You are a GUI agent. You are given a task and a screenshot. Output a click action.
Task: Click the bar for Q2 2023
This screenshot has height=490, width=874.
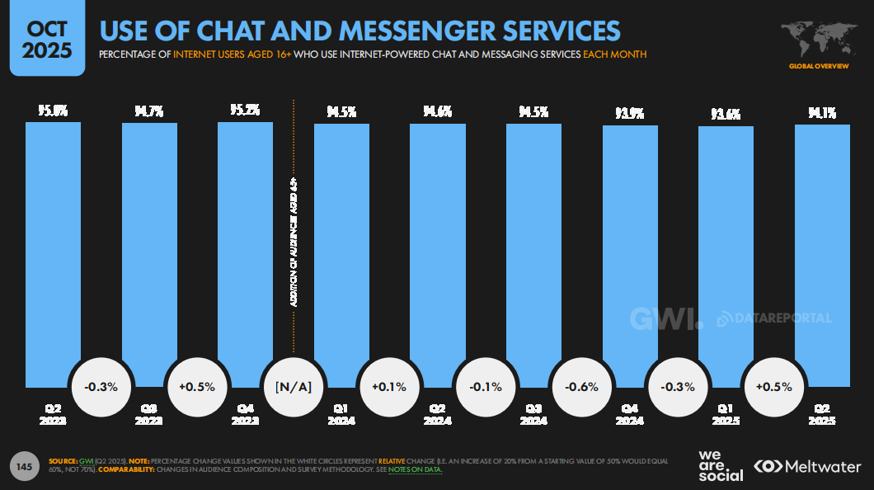coord(53,247)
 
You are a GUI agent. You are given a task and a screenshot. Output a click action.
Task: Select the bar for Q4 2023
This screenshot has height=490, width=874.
coord(245,247)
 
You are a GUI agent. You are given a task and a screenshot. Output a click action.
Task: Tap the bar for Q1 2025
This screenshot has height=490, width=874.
coord(726,247)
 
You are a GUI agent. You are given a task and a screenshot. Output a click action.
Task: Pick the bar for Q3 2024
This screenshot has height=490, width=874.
coord(533,247)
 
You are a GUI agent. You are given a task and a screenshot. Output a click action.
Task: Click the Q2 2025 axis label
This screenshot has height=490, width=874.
coord(822,414)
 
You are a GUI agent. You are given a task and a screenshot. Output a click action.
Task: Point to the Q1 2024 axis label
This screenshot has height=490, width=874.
coord(341,414)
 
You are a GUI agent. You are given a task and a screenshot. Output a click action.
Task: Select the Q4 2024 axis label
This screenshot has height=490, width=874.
coord(630,414)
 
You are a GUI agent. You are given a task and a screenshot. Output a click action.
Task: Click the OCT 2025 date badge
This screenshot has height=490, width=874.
coord(46,39)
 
